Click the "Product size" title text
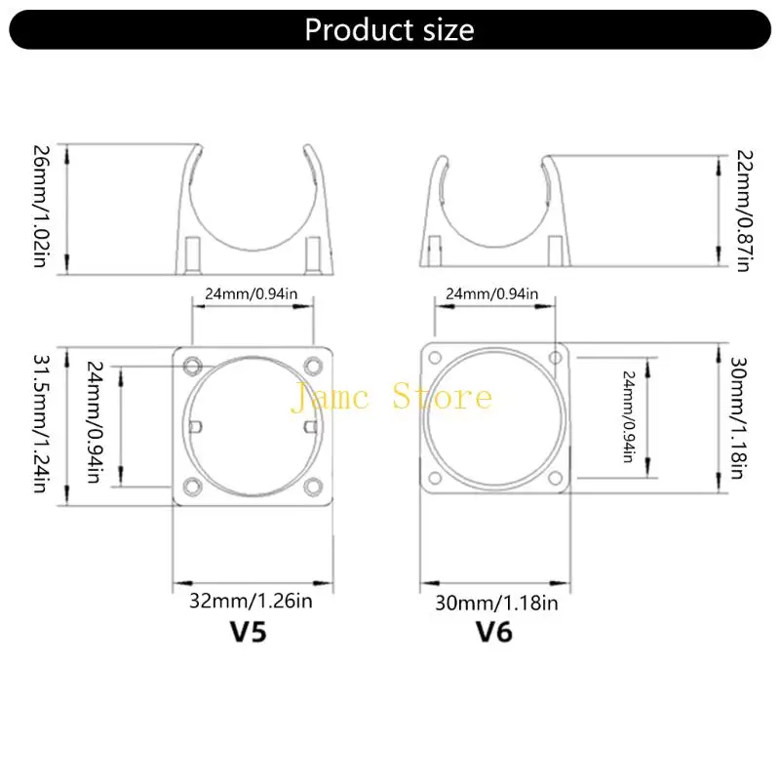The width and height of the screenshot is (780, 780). pyautogui.click(x=389, y=29)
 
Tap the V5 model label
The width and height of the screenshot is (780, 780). pyautogui.click(x=246, y=631)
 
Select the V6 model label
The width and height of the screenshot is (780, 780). pyautogui.click(x=493, y=631)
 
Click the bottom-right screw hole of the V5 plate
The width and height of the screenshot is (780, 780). pyautogui.click(x=313, y=485)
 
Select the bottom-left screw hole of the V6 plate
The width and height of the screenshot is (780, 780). pyautogui.click(x=434, y=478)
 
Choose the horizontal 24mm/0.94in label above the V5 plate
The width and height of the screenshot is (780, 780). pyautogui.click(x=253, y=292)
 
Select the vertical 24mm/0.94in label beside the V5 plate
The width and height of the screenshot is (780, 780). pyautogui.click(x=95, y=425)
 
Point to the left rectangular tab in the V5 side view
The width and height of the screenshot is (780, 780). pyautogui.click(x=194, y=253)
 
